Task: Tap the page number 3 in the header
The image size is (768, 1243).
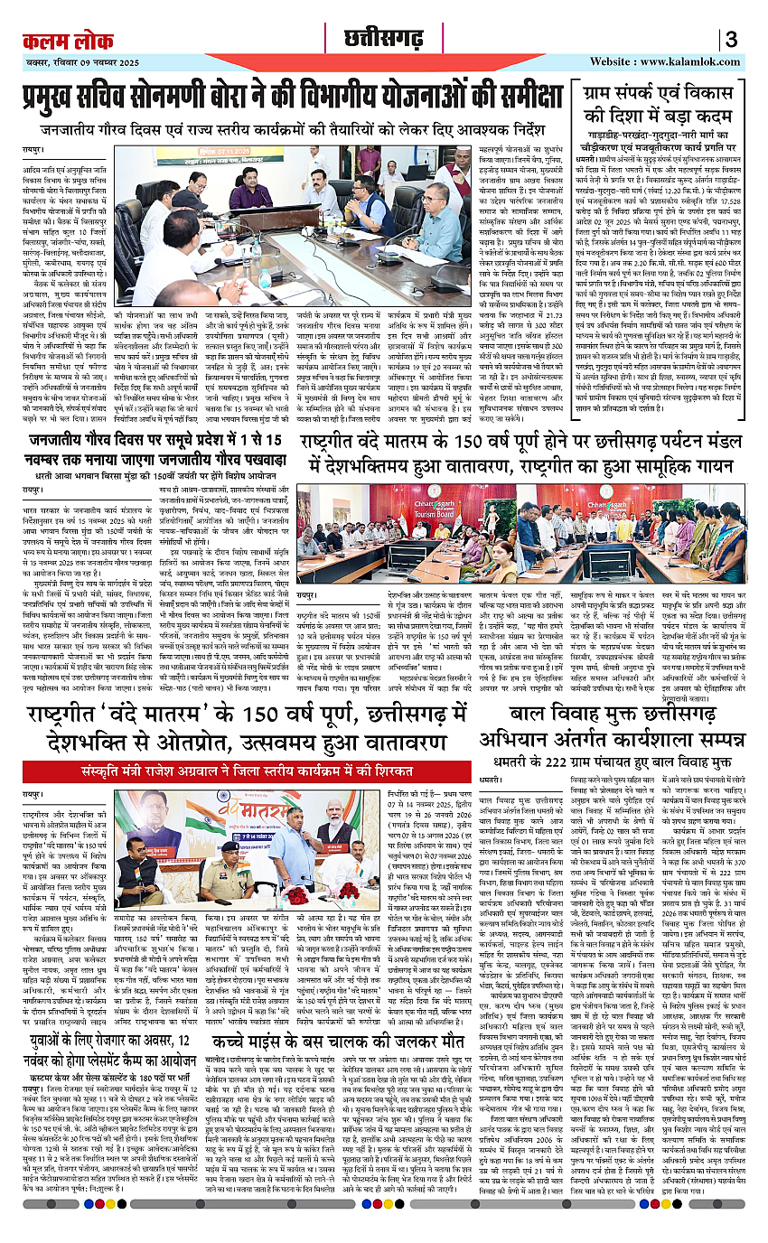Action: (732, 42)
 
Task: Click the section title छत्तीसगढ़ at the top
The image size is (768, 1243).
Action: (383, 41)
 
